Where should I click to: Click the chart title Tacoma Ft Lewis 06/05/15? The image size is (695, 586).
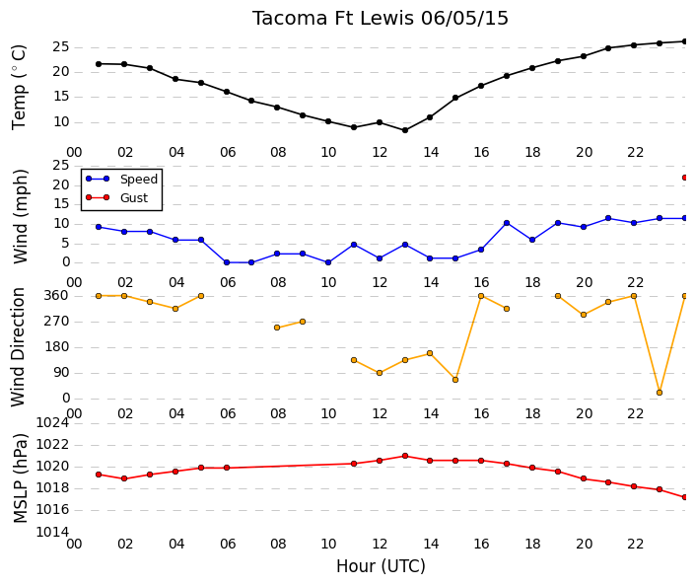tap(381, 19)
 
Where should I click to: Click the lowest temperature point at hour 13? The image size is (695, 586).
tap(405, 130)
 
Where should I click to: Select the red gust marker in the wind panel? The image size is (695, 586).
tap(685, 178)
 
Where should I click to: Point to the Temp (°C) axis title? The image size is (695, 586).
tap(19, 88)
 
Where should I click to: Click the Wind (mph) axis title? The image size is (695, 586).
tap(21, 216)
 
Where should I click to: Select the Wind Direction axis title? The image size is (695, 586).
tap(18, 347)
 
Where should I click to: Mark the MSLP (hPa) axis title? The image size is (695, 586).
tap(21, 477)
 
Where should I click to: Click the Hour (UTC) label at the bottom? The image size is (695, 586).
tap(381, 566)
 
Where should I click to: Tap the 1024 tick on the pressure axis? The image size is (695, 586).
tap(52, 423)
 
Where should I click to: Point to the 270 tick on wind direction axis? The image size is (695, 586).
tap(57, 322)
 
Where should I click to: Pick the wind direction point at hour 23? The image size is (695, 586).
tap(660, 393)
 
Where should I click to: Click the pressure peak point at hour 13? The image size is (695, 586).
tap(405, 456)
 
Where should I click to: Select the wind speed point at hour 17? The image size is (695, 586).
tap(507, 223)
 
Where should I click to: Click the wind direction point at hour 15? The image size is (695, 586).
tap(455, 380)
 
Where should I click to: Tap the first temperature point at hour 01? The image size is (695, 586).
tap(99, 64)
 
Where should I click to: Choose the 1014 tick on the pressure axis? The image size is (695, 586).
tap(52, 532)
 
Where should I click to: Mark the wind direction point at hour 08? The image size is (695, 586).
tap(277, 328)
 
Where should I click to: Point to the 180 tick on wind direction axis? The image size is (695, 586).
tap(57, 347)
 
